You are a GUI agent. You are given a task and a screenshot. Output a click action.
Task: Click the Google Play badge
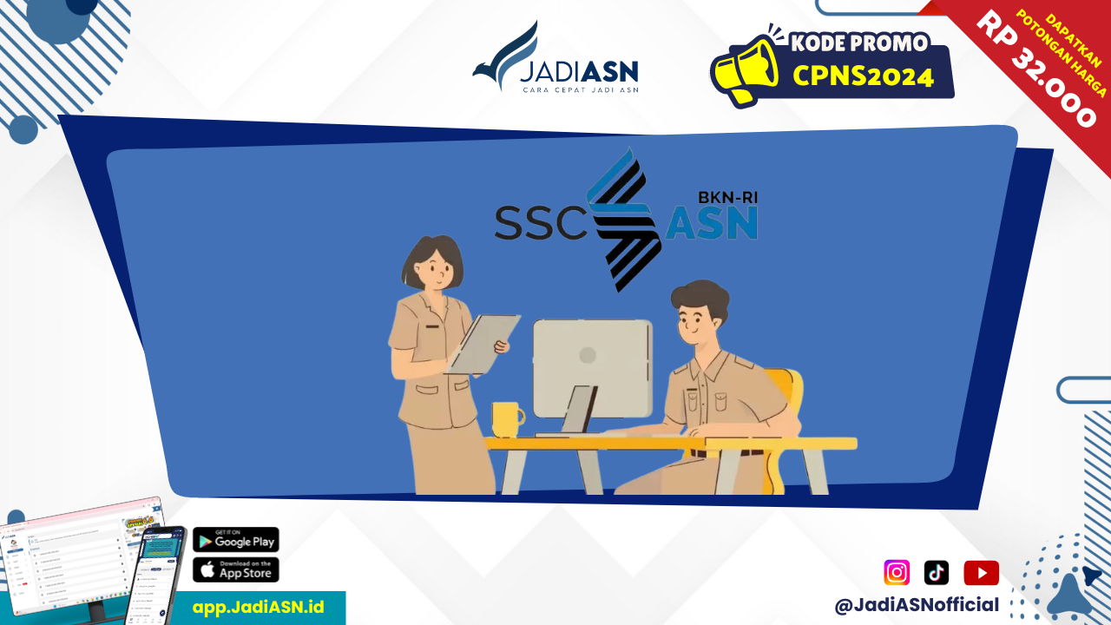click(x=235, y=540)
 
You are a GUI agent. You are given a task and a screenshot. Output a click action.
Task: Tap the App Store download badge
click(x=235, y=570)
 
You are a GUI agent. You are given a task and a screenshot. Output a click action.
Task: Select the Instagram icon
click(x=897, y=573)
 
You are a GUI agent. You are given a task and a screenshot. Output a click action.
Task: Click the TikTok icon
click(x=937, y=573)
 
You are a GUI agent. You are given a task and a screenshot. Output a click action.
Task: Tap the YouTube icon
click(x=981, y=573)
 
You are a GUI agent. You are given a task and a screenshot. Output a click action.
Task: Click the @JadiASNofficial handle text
click(x=917, y=605)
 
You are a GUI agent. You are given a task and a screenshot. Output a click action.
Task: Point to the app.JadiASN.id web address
click(x=258, y=607)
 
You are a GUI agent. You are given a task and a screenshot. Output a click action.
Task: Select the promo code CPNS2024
click(x=863, y=76)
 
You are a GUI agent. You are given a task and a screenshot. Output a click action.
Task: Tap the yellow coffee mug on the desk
click(x=506, y=419)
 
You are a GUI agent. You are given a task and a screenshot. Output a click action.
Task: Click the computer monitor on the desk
click(x=592, y=368)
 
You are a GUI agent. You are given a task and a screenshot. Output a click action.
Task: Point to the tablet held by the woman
click(x=483, y=344)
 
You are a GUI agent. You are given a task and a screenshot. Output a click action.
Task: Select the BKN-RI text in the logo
click(x=727, y=197)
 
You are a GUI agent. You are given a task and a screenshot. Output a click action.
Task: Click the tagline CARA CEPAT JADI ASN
click(x=579, y=89)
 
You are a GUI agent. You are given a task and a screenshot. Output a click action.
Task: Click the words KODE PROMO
click(x=858, y=43)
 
